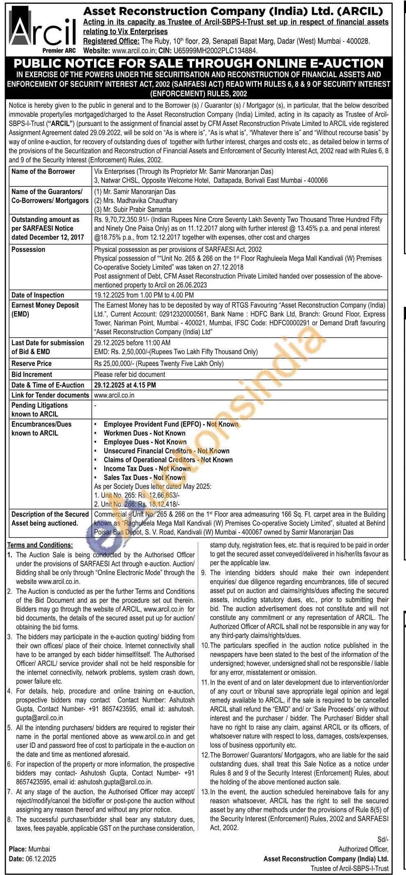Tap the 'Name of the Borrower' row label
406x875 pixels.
tap(43, 171)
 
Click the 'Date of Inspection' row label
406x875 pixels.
tap(38, 295)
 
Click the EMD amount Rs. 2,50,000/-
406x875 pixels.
tap(130, 352)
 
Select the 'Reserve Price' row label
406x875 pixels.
tap(32, 363)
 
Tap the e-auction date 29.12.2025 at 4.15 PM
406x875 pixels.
tap(125, 385)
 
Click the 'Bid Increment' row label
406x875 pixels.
tap(32, 375)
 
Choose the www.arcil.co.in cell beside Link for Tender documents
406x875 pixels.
tap(114, 395)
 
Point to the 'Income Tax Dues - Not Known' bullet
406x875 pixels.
tap(147, 469)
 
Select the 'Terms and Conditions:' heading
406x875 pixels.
tap(40, 545)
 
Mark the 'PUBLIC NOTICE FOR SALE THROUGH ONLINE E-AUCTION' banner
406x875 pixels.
tap(199, 64)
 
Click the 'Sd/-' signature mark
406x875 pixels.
tap(383, 840)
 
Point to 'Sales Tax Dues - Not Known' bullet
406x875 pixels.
tap(145, 477)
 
